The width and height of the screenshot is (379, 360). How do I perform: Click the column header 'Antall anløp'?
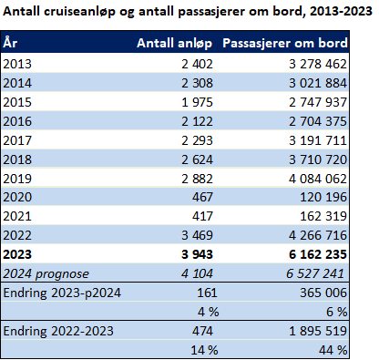(x=174, y=44)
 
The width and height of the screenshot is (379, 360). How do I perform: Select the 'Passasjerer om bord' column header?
(x=285, y=43)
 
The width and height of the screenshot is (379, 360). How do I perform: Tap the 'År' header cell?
(x=10, y=42)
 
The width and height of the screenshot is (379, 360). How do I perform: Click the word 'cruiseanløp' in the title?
(x=79, y=12)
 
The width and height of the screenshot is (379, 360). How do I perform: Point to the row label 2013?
(x=17, y=64)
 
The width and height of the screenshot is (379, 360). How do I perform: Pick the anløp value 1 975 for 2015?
(x=197, y=102)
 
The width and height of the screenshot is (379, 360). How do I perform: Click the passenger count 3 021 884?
(x=318, y=83)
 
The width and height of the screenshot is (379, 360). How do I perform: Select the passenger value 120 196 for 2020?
(x=323, y=197)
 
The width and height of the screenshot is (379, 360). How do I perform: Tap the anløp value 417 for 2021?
(x=202, y=216)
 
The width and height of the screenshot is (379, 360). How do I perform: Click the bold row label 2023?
(x=17, y=254)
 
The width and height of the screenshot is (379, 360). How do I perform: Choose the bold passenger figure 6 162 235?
(x=318, y=254)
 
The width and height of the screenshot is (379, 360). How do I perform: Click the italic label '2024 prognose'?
(x=46, y=274)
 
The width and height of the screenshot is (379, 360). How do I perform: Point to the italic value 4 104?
(x=197, y=273)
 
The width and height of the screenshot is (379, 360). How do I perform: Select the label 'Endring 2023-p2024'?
(x=62, y=293)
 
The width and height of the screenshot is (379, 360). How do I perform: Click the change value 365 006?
(x=323, y=293)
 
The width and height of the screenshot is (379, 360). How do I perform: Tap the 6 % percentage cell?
(x=336, y=312)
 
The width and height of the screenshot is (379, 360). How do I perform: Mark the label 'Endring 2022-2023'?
(x=58, y=331)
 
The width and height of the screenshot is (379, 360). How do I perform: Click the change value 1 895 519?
(x=318, y=331)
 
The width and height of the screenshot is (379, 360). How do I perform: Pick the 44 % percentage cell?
(x=333, y=351)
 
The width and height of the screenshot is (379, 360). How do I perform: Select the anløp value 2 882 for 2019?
(x=197, y=179)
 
